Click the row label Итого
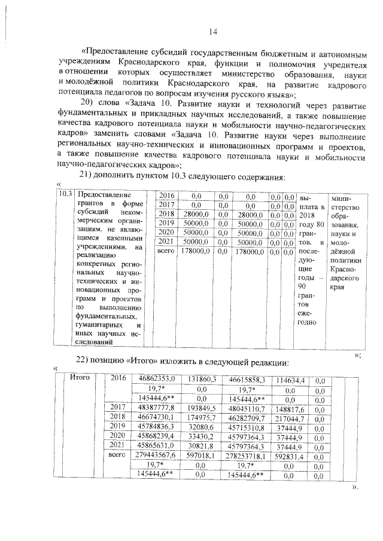(x=80, y=377)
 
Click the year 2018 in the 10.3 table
(x=166, y=214)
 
